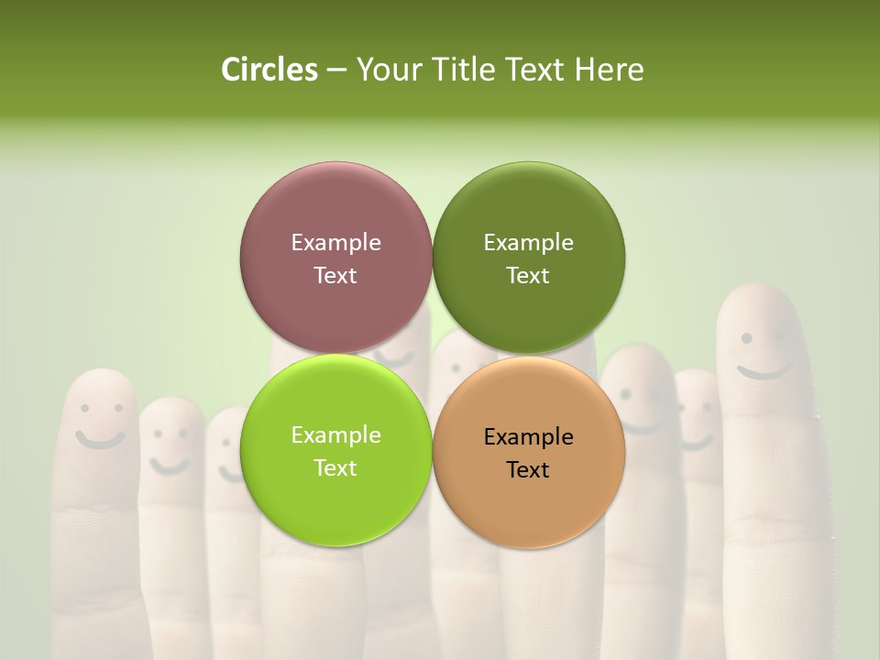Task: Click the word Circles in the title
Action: [269, 70]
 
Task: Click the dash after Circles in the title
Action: [336, 71]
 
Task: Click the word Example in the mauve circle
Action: [335, 242]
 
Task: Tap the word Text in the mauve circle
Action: [335, 275]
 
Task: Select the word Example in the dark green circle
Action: [528, 242]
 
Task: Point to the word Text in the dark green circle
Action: [528, 275]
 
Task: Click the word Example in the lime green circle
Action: [335, 434]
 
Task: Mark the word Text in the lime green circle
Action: [335, 467]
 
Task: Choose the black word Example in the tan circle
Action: [528, 436]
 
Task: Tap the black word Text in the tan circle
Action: [528, 469]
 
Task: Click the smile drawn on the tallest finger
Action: [764, 371]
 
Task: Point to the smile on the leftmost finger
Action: [99, 439]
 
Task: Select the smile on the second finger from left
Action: [170, 466]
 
